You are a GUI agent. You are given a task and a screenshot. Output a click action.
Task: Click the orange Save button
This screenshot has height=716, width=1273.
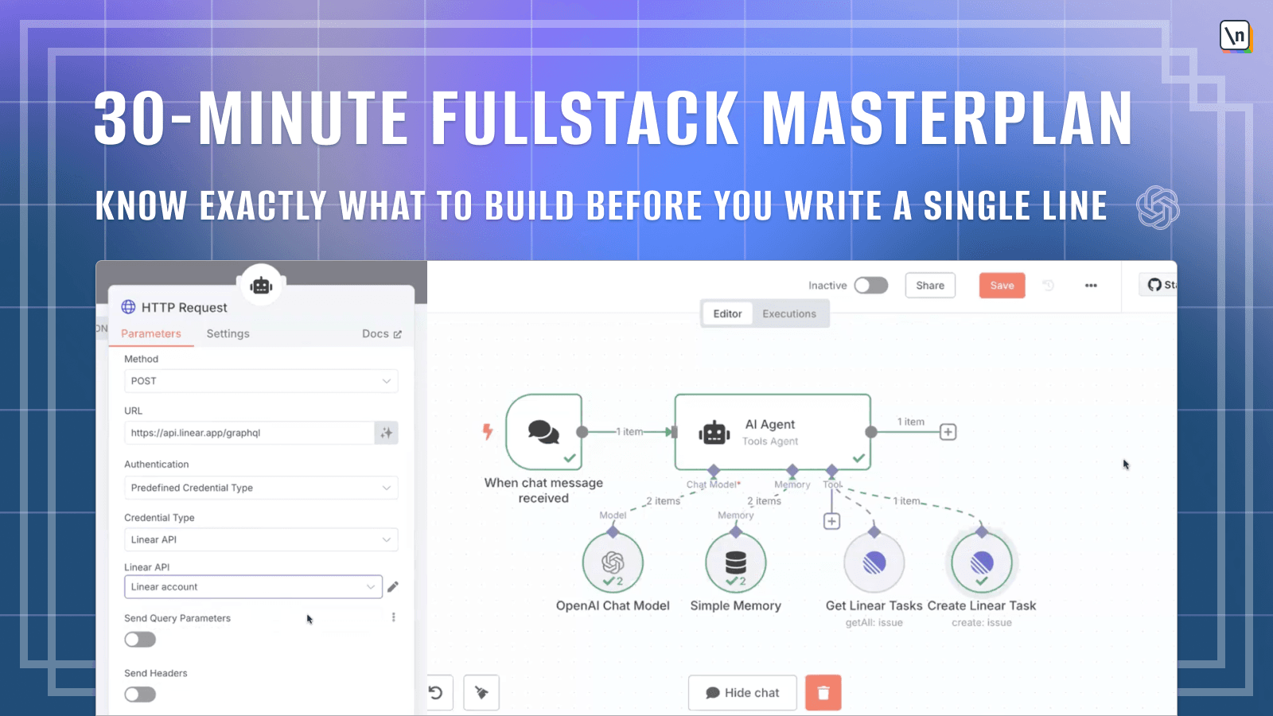point(1002,286)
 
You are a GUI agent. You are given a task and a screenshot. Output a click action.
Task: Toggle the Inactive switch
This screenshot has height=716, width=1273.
point(871,286)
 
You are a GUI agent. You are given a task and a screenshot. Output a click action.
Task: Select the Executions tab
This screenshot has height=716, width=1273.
point(788,313)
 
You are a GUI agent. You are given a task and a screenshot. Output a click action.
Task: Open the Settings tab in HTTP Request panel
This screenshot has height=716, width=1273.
point(228,333)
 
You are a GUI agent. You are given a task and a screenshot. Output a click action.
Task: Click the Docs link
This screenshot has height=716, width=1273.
point(382,333)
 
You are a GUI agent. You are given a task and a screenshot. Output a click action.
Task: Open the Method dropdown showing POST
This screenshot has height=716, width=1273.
point(261,381)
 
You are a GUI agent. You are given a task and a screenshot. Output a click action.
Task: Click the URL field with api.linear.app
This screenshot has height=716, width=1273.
point(250,433)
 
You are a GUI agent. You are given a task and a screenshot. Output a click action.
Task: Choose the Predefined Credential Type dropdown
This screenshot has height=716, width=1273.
point(261,488)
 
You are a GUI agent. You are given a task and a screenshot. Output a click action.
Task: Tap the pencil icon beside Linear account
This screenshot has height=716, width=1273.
point(393,586)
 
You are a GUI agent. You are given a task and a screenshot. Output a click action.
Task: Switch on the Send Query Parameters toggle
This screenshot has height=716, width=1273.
point(140,640)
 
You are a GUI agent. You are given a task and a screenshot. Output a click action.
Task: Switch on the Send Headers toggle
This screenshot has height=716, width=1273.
point(140,695)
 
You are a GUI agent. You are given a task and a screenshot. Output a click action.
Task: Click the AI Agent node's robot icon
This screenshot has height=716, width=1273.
point(714,433)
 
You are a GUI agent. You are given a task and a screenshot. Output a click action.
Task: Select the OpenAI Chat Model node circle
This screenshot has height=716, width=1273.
point(613,562)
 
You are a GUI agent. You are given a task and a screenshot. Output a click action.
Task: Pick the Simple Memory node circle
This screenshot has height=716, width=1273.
point(735,562)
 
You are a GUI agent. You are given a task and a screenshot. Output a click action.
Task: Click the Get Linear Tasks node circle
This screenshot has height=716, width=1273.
point(874,562)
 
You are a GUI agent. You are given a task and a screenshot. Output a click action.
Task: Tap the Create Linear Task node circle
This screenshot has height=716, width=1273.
point(982,562)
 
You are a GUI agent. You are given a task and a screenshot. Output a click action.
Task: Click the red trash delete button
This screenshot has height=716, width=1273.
point(823,693)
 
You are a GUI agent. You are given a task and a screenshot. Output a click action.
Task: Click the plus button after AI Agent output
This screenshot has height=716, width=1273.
point(948,432)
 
